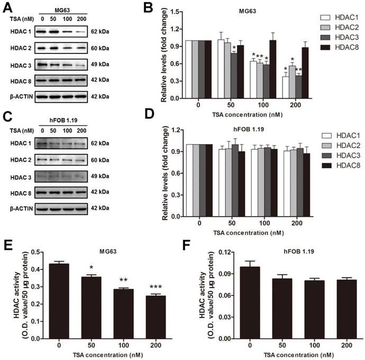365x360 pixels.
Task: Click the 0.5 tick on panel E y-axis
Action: click(33, 252)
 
